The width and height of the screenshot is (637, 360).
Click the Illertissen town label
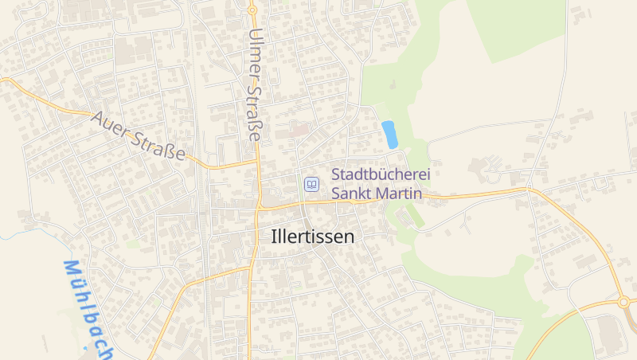(313, 237)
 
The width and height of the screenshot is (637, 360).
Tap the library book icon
(312, 185)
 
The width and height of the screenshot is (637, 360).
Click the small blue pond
(389, 134)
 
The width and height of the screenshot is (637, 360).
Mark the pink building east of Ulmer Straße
(299, 129)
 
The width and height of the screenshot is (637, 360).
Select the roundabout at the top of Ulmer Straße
(252, 10)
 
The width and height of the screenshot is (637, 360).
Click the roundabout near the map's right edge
(623, 302)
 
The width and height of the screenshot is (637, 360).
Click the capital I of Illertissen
(275, 237)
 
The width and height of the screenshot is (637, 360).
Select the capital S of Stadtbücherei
(336, 174)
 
